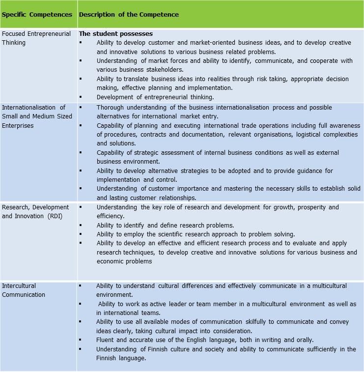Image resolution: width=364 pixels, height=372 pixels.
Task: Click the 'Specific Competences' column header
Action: [x=37, y=14]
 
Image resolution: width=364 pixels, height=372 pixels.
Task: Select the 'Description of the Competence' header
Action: [x=129, y=14]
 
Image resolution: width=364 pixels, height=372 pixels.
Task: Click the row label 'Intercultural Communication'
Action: [x=23, y=290]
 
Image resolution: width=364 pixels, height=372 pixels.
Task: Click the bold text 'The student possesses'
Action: [x=116, y=34]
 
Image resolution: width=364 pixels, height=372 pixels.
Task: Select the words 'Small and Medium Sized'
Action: [x=37, y=116]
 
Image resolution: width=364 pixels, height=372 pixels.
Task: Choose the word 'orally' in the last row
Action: [x=304, y=340]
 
